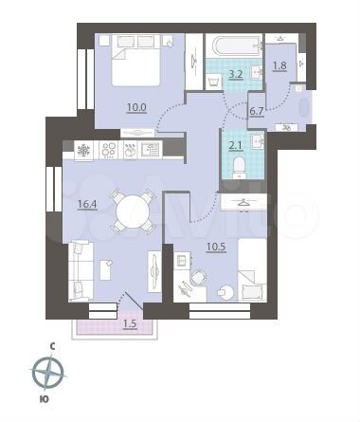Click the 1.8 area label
pyautogui.click(x=279, y=65)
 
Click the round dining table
pyautogui.click(x=130, y=211)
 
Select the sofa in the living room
pyautogui.click(x=77, y=267)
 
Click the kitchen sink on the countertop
pyautogui.click(x=151, y=150)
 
